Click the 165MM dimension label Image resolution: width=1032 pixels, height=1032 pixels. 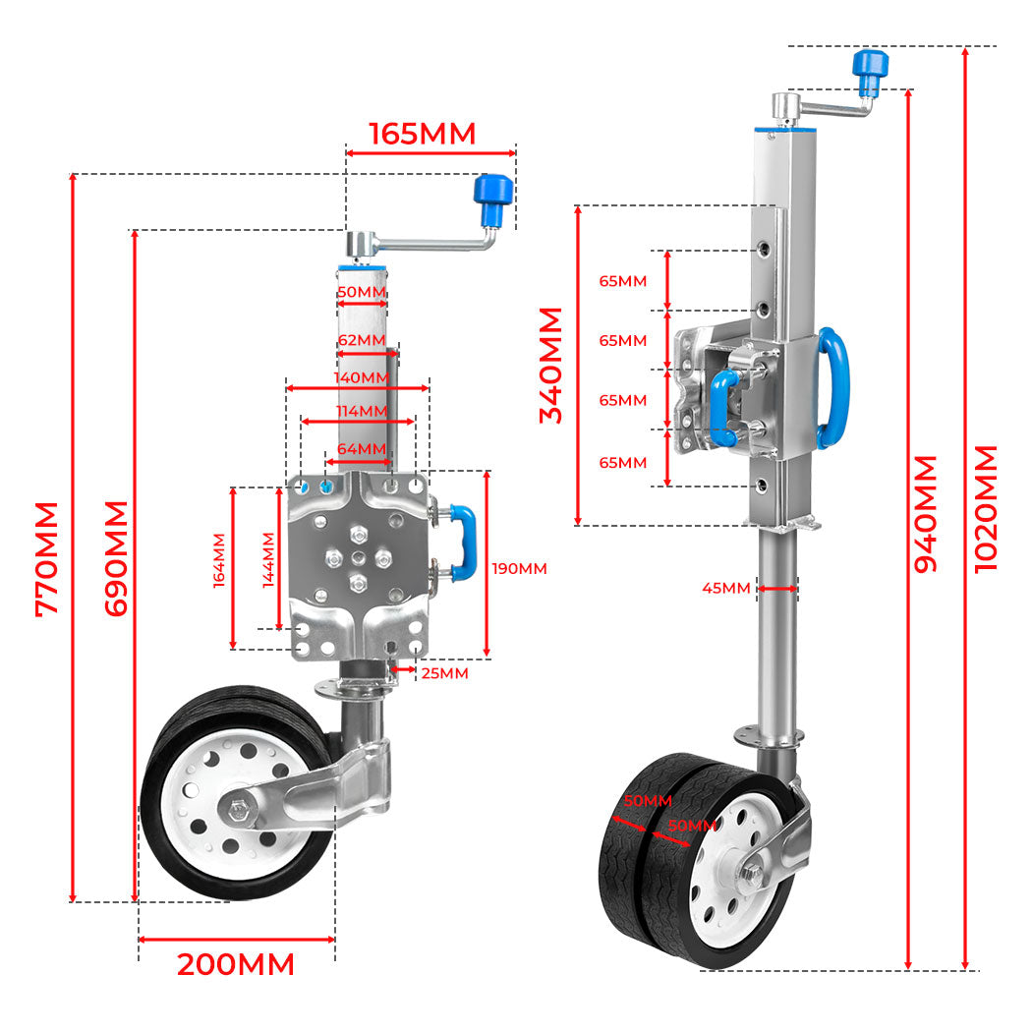[x=422, y=134]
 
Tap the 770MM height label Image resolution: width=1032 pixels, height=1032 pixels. [x=46, y=558]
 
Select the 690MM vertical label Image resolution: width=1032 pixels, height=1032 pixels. [x=117, y=558]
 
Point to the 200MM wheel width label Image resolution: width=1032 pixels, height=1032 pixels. [x=236, y=965]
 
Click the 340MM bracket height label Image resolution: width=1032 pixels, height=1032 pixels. [x=552, y=365]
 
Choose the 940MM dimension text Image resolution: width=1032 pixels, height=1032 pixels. [x=926, y=513]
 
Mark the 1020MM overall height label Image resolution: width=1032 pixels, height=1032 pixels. [x=986, y=508]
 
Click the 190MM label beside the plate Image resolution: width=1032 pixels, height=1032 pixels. [x=519, y=568]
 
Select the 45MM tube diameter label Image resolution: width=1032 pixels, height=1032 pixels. [x=726, y=588]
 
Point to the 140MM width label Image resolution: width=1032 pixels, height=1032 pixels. [x=361, y=377]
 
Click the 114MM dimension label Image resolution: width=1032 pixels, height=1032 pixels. [x=361, y=411]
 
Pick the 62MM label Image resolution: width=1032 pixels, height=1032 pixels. [x=361, y=340]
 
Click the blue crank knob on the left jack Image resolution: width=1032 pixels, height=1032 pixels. [x=492, y=199]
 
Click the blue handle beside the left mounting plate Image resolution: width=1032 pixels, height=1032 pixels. [x=463, y=541]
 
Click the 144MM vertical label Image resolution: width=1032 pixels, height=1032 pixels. [x=268, y=560]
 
